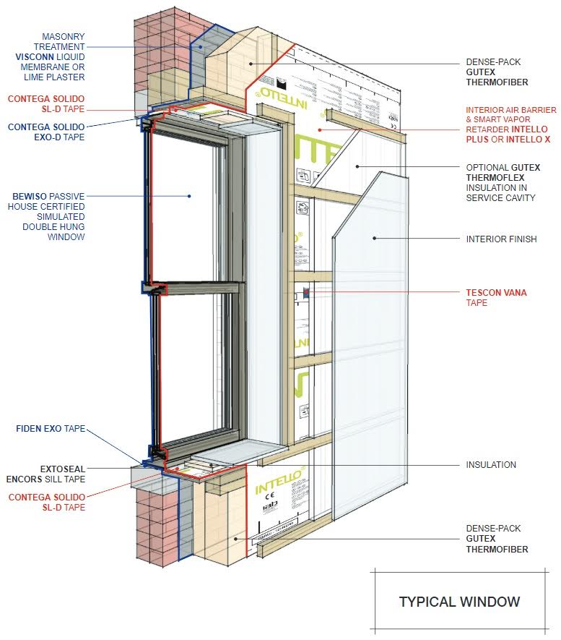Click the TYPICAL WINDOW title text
point(459,602)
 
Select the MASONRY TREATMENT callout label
point(53,56)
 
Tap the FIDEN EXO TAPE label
point(50,429)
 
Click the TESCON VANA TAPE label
point(496,297)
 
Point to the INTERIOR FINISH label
point(501,239)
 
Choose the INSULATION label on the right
point(491,465)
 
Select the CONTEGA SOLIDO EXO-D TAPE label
point(46,132)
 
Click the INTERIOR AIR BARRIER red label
point(510,124)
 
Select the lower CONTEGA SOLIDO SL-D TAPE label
point(46,502)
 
